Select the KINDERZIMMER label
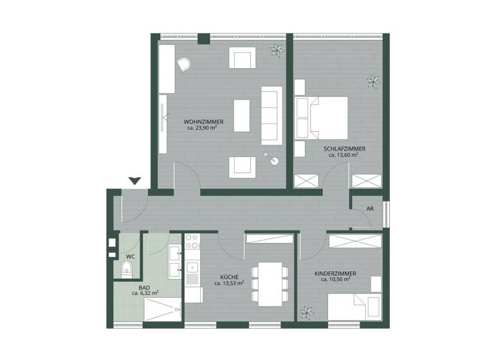pos(336,273)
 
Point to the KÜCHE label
pos(229,276)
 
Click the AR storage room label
pos(370,209)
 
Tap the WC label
pos(130,256)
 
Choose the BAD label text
pos(145,287)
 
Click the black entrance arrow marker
pos(134,181)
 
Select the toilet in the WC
pos(127,268)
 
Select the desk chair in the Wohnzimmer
pos(183,64)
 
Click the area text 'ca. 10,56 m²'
pos(333,280)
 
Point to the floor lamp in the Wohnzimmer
pos(272,159)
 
